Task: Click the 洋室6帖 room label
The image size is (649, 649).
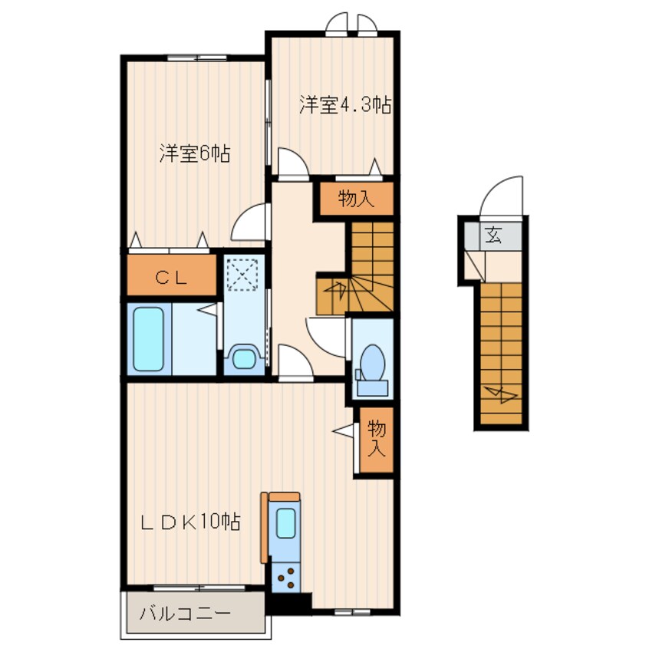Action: pos(195,154)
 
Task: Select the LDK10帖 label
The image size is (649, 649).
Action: pos(190,522)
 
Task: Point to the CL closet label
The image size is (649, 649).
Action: pos(171,277)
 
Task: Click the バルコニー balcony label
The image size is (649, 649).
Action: pos(185,614)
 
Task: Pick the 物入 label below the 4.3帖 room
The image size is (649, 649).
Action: pos(357,199)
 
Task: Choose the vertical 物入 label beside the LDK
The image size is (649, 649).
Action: pos(377,438)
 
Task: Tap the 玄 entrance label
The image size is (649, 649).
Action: pos(493,236)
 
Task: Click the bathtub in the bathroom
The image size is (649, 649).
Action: pos(148,339)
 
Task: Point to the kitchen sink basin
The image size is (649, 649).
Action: pos(285,523)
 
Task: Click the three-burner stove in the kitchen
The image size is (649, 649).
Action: pos(285,578)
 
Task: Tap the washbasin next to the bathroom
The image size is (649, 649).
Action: pos(243,358)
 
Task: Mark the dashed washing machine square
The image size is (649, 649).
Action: pos(242,275)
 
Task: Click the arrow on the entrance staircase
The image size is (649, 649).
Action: pos(501,394)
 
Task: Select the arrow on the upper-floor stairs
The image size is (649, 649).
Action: pos(336,289)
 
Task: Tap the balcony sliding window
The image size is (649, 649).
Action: pos(199,588)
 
